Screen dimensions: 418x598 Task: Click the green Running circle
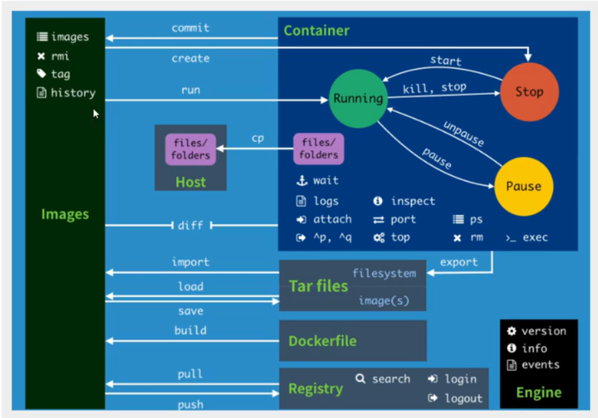(359, 98)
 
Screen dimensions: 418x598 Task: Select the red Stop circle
(529, 92)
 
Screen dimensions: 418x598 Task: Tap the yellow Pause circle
(523, 186)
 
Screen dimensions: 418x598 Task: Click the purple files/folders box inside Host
(191, 149)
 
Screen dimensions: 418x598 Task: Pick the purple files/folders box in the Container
(318, 149)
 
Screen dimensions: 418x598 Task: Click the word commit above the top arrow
(191, 28)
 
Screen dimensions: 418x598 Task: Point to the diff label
(191, 225)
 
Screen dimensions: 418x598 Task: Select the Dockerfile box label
(322, 340)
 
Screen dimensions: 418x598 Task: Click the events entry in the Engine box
(540, 364)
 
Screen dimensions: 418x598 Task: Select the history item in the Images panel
(72, 93)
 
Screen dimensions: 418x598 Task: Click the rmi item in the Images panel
(60, 56)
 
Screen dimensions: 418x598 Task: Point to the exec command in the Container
(534, 237)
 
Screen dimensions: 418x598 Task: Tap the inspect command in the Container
(412, 201)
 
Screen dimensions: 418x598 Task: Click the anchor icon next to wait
(301, 181)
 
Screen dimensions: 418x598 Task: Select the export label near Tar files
(459, 262)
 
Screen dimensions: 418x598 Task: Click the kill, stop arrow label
(434, 88)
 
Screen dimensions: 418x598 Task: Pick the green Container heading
(316, 31)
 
